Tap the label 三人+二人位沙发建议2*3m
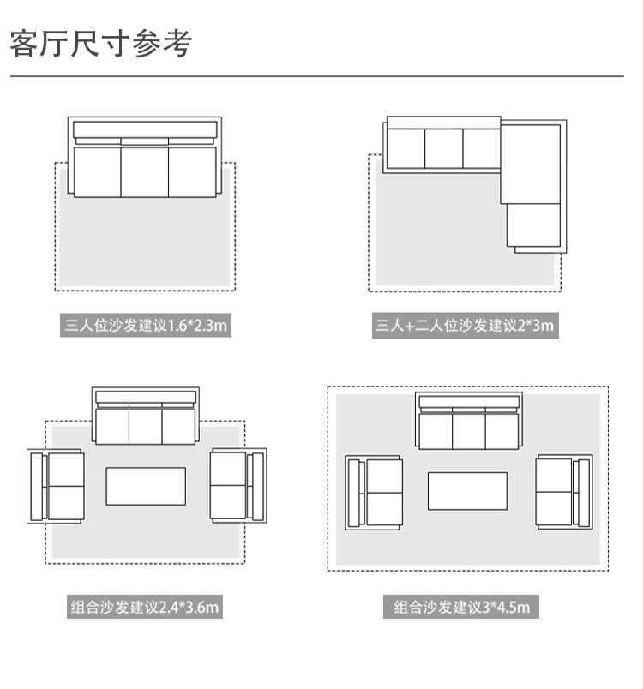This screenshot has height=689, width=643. tap(465, 326)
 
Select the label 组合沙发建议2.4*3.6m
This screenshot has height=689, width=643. tap(145, 608)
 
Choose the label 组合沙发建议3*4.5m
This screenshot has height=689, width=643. tap(462, 608)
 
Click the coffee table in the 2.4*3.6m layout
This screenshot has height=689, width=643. tap(146, 486)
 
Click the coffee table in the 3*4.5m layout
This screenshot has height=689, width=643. tap(468, 492)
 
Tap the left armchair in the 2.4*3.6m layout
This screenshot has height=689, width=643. tap(57, 486)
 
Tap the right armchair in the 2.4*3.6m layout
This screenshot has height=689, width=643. tap(237, 486)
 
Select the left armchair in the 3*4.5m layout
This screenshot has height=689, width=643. tap(374, 492)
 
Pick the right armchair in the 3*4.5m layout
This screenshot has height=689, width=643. tap(563, 492)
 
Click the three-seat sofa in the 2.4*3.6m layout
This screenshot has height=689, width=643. tap(146, 417)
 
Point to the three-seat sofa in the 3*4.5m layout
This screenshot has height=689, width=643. tap(468, 422)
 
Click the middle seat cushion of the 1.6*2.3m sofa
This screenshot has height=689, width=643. tap(144, 171)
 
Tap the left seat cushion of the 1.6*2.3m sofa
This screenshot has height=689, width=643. tap(97, 171)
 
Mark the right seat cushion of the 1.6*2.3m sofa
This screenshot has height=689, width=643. tap(192, 171)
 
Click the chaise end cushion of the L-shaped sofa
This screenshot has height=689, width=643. tap(532, 225)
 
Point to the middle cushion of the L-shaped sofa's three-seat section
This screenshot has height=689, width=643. tap(444, 147)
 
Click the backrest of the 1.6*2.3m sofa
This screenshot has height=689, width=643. tap(144, 130)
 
